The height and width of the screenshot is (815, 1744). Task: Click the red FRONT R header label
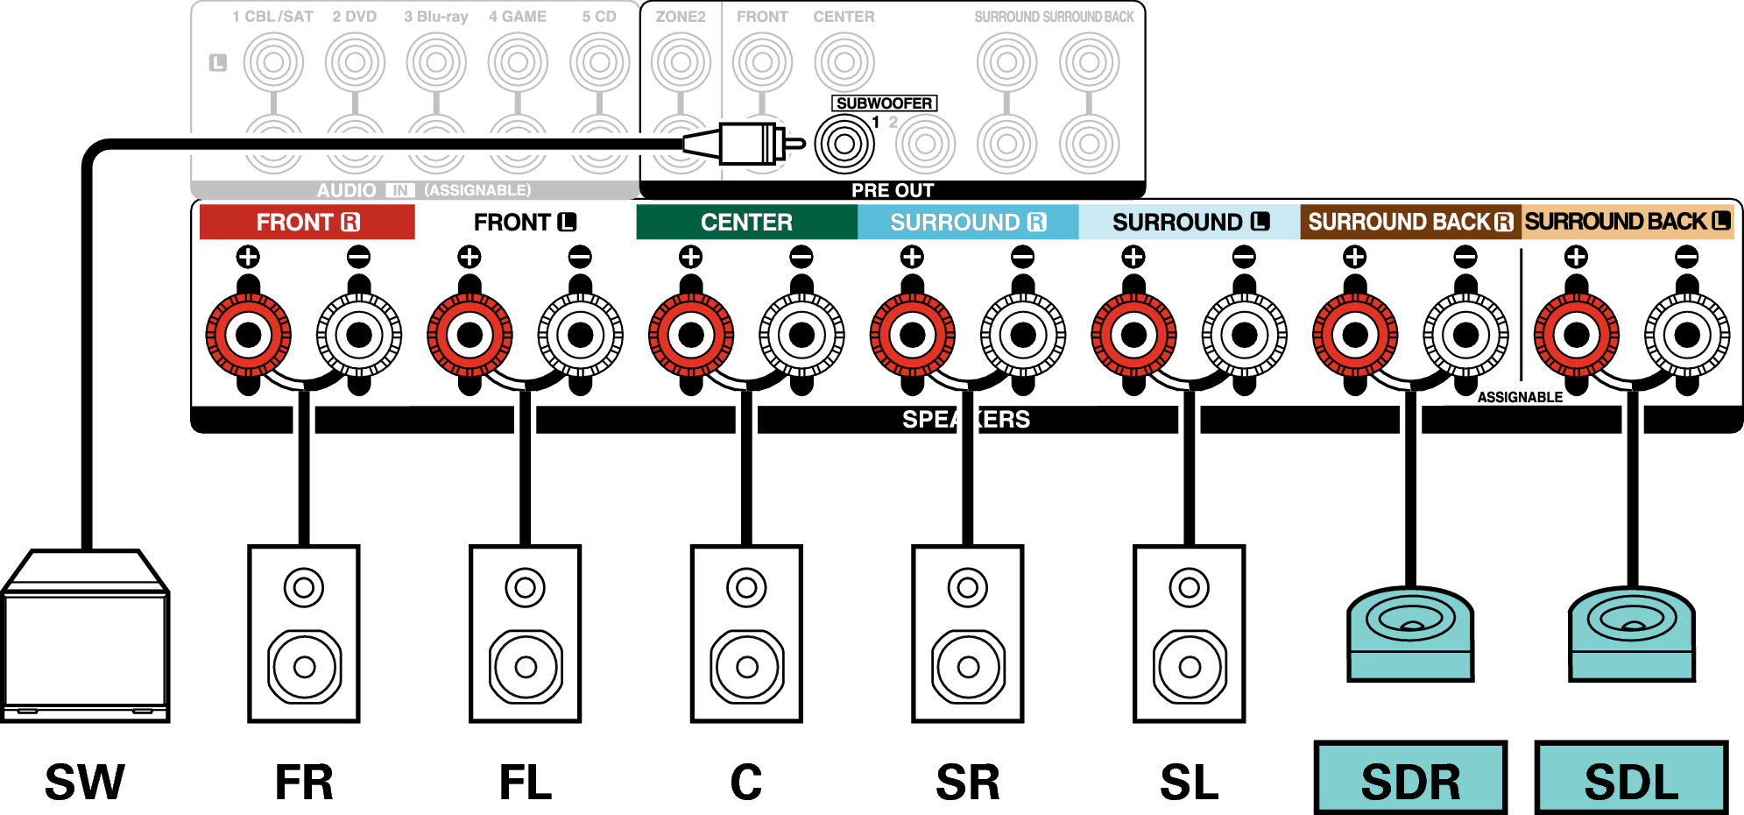307,223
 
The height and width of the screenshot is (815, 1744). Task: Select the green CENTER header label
746,223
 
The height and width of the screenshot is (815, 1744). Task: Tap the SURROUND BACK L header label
1627,222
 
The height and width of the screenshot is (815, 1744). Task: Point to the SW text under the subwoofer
85,782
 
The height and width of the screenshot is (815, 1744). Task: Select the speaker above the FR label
304,634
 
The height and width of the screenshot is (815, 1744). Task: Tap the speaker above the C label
746,634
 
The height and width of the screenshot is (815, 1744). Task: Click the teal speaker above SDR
1410,633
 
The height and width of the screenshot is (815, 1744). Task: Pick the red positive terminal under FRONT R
249,335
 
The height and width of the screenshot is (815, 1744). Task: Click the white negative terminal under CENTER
801,335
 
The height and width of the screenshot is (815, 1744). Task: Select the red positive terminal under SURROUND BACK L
1576,335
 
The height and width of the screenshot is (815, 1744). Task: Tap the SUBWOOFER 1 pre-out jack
844,144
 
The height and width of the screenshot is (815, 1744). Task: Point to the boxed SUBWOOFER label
884,103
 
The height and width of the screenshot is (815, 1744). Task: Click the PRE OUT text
893,190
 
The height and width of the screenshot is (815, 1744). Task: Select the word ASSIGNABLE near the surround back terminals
1520,397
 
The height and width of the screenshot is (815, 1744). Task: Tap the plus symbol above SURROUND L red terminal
1133,257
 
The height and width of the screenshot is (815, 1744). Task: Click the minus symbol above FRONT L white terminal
580,257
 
